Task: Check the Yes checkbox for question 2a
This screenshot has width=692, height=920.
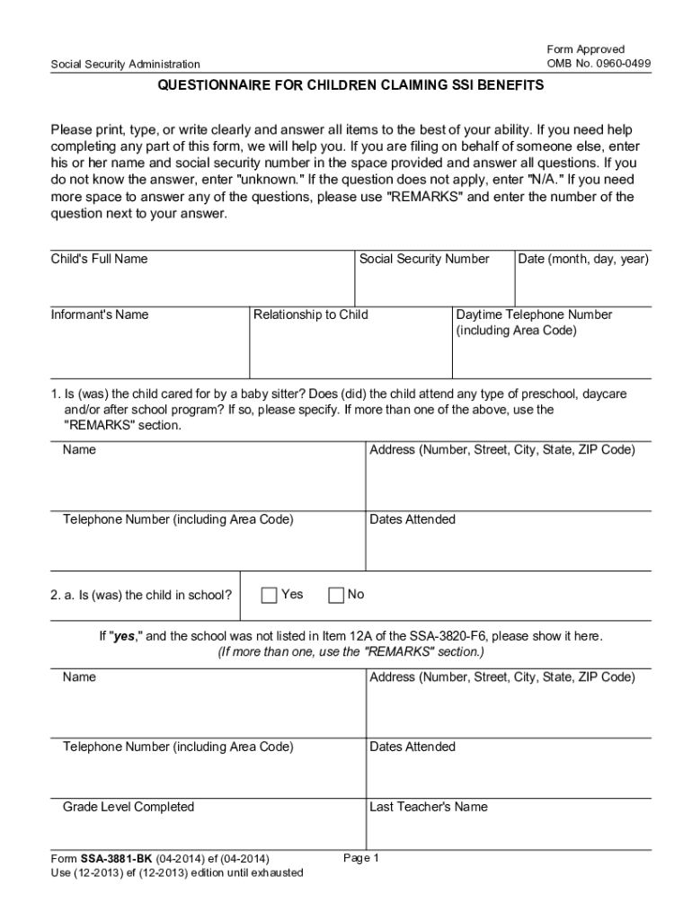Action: [270, 595]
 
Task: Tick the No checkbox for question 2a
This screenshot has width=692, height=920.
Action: [337, 595]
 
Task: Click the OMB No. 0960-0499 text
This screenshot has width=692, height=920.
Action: [599, 63]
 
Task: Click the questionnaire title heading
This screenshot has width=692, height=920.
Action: [350, 87]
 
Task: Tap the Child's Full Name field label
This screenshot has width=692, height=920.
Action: [99, 259]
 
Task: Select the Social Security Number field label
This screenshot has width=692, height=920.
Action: [424, 259]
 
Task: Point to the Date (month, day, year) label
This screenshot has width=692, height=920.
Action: [583, 259]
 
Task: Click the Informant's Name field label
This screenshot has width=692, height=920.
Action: [100, 314]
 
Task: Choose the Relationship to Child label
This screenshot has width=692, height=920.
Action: [311, 314]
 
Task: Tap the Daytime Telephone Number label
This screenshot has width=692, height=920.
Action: [534, 314]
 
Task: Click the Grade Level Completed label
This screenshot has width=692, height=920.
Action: [129, 807]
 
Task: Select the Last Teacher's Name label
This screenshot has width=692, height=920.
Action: [429, 807]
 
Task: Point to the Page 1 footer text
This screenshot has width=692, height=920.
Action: [362, 858]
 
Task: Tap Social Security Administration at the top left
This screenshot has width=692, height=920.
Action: [125, 64]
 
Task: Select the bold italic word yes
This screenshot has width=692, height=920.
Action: [122, 636]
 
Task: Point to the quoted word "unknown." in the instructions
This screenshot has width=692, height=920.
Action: [268, 180]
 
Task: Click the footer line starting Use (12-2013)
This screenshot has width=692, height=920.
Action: [176, 873]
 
